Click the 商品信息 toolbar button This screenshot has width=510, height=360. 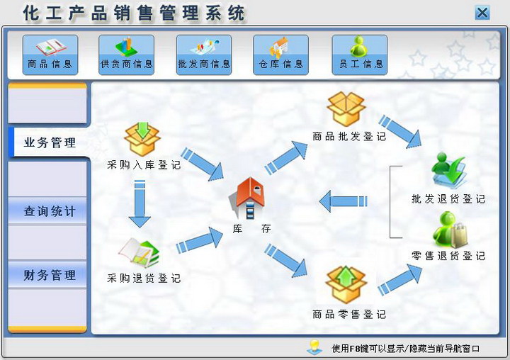(50, 55)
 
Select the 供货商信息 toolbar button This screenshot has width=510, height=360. (126, 55)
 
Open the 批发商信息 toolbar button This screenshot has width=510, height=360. (204, 55)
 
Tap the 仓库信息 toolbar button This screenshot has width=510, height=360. (280, 55)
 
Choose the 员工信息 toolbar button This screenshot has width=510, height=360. (359, 55)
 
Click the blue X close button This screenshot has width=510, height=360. (482, 13)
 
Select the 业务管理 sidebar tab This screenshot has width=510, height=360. (49, 142)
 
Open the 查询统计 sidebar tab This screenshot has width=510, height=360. (48, 211)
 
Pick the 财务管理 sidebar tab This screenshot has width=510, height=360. (48, 275)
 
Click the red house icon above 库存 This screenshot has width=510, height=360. (247, 197)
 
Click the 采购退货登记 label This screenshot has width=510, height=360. (144, 279)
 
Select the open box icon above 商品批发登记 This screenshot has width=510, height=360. (346, 108)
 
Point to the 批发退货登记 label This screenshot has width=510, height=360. (448, 199)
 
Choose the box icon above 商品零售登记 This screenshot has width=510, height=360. (346, 285)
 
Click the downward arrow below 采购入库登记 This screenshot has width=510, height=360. (140, 204)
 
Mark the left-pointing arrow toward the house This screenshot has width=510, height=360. (343, 201)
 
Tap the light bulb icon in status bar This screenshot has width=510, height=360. (314, 347)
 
